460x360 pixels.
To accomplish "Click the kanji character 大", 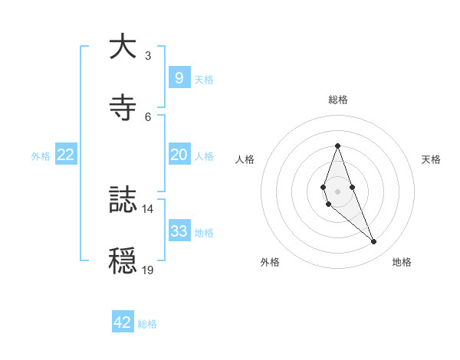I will point(123,47).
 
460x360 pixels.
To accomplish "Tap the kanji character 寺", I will point(123,107).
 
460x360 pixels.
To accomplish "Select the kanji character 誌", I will point(123,201).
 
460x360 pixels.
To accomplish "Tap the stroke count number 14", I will point(148,209).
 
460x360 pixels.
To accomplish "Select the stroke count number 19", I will point(148,270).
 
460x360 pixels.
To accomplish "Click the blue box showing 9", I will point(179,77).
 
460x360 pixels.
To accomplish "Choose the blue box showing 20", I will point(179,155).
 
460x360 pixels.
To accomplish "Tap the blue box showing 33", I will point(179,231).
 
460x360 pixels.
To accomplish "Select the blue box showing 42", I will point(123,322).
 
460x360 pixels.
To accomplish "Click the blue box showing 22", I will point(66,155).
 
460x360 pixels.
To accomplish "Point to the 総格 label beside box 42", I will point(147,324).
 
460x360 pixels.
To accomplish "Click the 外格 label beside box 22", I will point(41,156).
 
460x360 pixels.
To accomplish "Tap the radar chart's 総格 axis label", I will point(338,100).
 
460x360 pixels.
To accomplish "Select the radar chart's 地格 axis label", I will point(402,262).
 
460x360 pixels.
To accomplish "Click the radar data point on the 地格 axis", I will point(374,242).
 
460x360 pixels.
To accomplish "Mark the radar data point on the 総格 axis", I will point(337,146).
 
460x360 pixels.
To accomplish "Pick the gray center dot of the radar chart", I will point(337,191).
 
